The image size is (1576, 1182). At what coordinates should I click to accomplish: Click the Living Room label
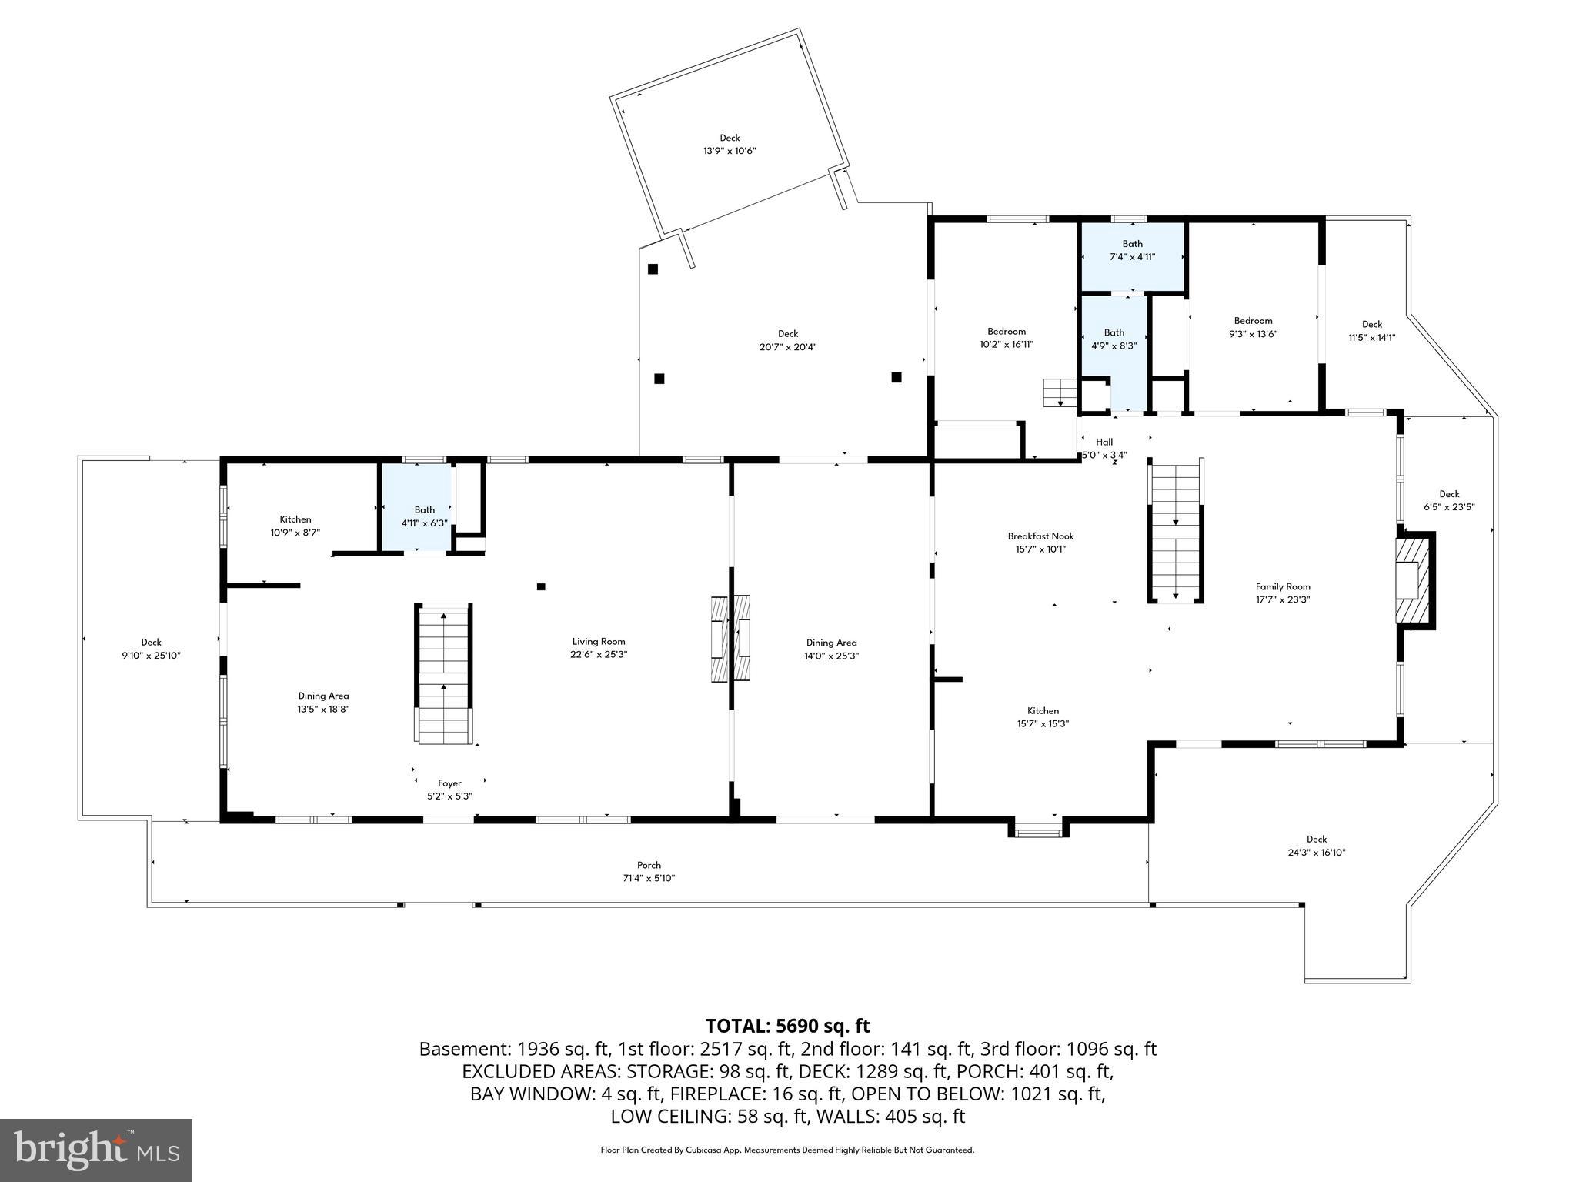[598, 641]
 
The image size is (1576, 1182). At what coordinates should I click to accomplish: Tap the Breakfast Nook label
[1040, 536]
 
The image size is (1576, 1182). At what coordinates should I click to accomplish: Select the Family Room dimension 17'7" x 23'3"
[1282, 599]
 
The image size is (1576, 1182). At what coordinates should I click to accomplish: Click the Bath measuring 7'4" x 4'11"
[1132, 251]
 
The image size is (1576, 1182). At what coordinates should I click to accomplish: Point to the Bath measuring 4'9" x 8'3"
[1114, 339]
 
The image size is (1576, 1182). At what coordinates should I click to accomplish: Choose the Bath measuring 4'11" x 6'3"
[424, 516]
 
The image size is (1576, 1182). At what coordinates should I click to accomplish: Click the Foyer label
[449, 783]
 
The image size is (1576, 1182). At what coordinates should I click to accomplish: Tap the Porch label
[649, 865]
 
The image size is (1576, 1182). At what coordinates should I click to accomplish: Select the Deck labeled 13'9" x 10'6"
[730, 145]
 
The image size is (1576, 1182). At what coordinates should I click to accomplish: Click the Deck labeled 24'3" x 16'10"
[1316, 846]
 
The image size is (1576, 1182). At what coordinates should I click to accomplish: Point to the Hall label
[1104, 442]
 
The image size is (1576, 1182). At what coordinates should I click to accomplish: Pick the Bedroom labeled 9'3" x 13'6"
[1253, 327]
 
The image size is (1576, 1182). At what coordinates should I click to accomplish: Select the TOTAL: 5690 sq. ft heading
[787, 1026]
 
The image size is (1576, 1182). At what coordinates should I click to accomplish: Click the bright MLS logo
[96, 1150]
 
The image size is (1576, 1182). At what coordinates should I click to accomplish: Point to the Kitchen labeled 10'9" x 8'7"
[295, 526]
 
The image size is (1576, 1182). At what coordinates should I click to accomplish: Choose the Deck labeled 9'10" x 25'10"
[151, 649]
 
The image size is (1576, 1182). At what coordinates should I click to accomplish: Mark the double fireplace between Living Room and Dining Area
[730, 638]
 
